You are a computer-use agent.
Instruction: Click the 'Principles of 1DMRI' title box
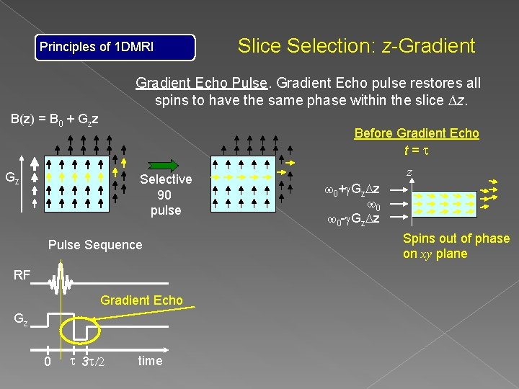[116, 48]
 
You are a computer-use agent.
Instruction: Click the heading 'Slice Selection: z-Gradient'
[356, 46]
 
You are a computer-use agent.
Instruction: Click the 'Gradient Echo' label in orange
[142, 300]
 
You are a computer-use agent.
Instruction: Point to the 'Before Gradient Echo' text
[416, 133]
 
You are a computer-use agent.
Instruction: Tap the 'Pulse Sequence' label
[95, 245]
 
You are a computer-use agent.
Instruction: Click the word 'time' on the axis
[150, 361]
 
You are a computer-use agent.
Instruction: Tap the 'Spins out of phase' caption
[456, 239]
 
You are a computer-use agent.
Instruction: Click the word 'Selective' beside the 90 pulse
[166, 179]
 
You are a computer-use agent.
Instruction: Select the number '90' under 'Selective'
[164, 195]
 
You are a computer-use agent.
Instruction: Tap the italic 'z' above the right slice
[409, 173]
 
